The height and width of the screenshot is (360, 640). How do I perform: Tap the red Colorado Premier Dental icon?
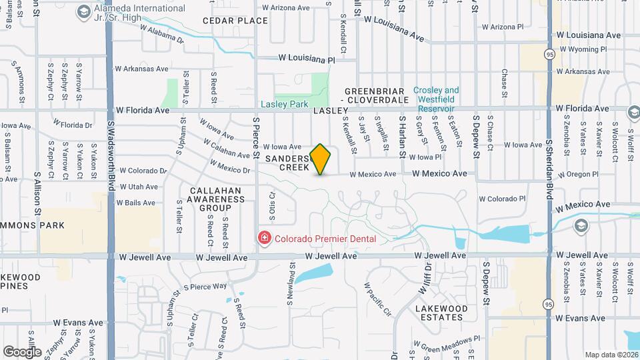click(265, 238)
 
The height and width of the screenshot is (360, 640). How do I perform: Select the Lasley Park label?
click(284, 104)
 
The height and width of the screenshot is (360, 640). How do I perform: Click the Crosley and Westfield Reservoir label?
click(436, 99)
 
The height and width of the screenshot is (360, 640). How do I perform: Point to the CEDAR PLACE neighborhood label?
click(235, 21)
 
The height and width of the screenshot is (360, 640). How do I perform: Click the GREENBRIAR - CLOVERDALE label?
click(376, 95)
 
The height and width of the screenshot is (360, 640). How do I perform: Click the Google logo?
click(22, 351)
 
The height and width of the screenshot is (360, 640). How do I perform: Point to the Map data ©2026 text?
click(611, 355)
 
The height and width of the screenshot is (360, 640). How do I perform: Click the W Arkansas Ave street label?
click(142, 69)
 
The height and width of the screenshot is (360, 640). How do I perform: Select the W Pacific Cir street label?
click(377, 300)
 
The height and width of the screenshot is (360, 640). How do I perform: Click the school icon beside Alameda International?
click(84, 12)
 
